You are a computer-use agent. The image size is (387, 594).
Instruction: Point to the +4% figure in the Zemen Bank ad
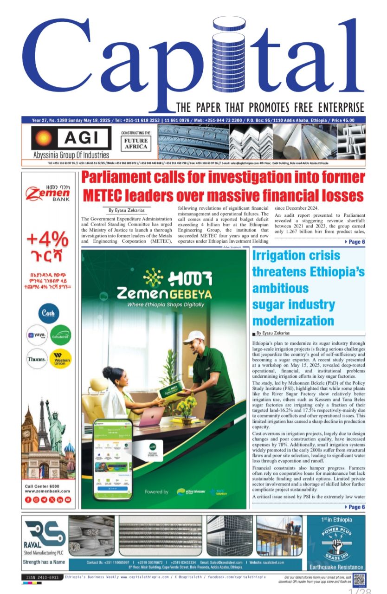(48, 240)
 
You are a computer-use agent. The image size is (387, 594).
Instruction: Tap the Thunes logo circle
(37, 359)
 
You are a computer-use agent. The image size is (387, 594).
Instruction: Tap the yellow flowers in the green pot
(187, 407)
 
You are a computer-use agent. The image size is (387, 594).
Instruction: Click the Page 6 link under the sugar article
(355, 507)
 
